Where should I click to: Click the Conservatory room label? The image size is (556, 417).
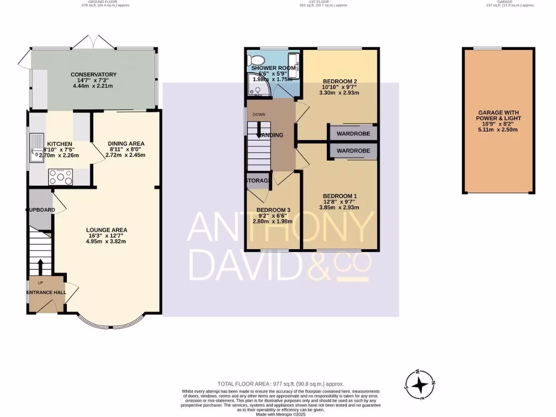[x=93, y=74]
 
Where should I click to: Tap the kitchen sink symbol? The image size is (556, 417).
[x=37, y=148]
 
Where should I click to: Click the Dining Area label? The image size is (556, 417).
[x=125, y=143]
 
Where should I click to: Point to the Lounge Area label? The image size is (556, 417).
[x=107, y=230]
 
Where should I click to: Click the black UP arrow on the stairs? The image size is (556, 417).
[x=40, y=267]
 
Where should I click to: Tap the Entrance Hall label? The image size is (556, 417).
[x=46, y=292]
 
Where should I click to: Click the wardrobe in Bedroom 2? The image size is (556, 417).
[x=353, y=132]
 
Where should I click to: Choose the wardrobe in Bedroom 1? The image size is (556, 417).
[x=353, y=150]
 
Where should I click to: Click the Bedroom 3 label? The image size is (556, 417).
[x=274, y=210]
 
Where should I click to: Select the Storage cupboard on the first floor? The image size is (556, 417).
[x=258, y=180]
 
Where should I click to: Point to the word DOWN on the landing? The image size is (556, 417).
[x=259, y=115]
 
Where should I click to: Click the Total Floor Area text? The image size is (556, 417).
[x=280, y=384]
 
